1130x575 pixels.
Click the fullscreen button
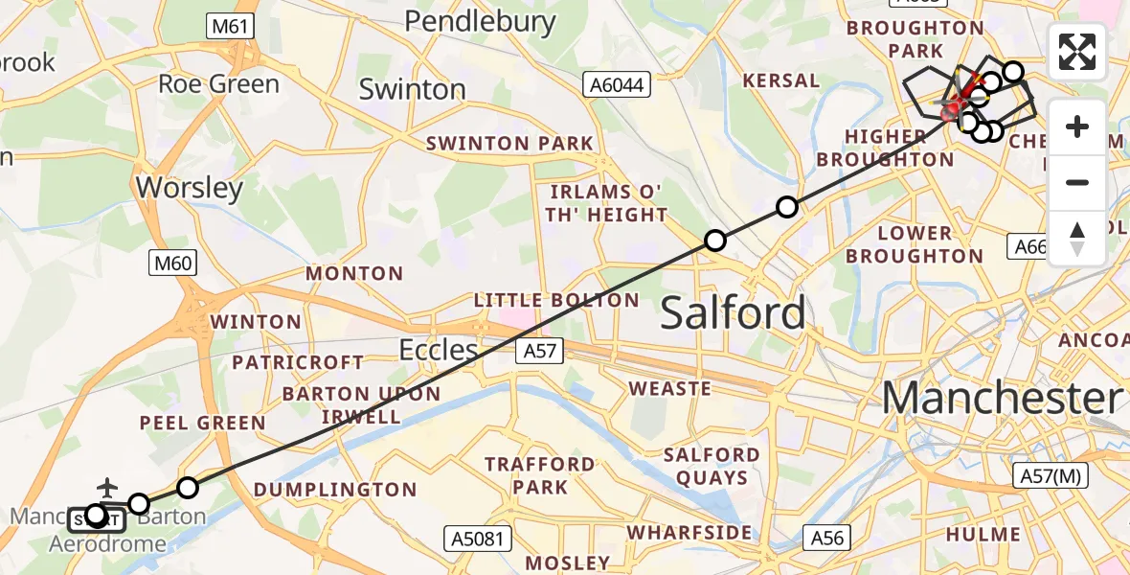pyautogui.click(x=1077, y=52)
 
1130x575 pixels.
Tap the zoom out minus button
pyautogui.click(x=1077, y=182)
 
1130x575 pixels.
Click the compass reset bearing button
pyautogui.click(x=1077, y=238)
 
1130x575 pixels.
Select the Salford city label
pyautogui.click(x=733, y=313)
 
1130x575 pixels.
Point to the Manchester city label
pyautogui.click(x=1001, y=398)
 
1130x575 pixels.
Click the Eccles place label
pyautogui.click(x=439, y=350)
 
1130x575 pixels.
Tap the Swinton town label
pyautogui.click(x=412, y=89)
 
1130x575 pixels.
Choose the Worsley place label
pyautogui.click(x=190, y=187)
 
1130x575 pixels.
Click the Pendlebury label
pyautogui.click(x=480, y=21)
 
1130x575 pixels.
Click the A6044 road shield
pyautogui.click(x=617, y=85)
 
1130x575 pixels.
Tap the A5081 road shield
pyautogui.click(x=475, y=538)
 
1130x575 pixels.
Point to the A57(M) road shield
pyautogui.click(x=1050, y=475)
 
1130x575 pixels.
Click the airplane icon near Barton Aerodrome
pyautogui.click(x=106, y=488)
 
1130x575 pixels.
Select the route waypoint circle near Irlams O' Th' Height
pyautogui.click(x=715, y=241)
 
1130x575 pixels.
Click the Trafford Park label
pyautogui.click(x=539, y=476)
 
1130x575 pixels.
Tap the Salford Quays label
pyautogui.click(x=712, y=466)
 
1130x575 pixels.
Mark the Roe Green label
pyautogui.click(x=218, y=84)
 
